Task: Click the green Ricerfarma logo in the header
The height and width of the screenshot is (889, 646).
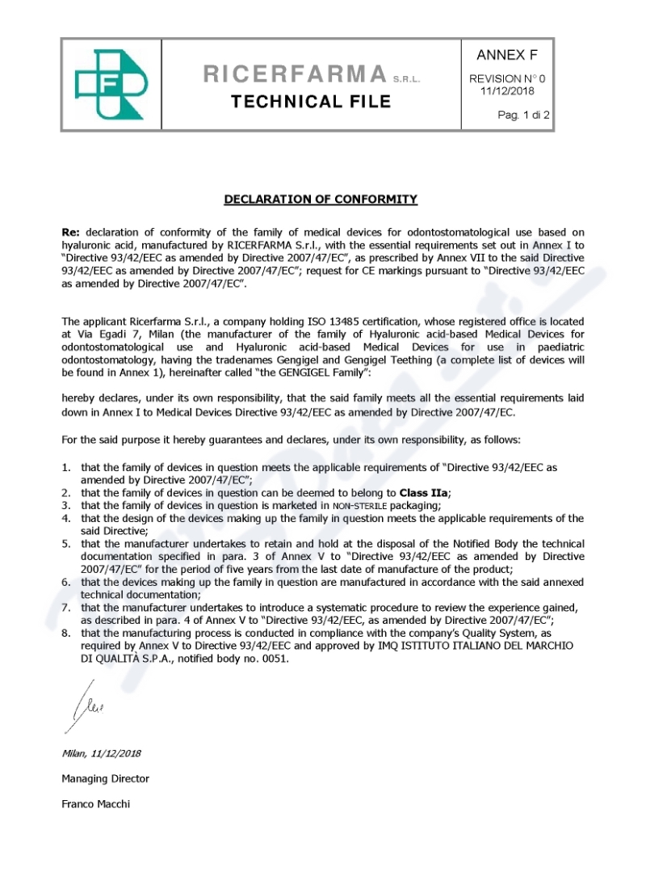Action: [111, 84]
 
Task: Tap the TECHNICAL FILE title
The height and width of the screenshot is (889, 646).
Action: [311, 102]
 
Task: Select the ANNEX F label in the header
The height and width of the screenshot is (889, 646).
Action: [507, 56]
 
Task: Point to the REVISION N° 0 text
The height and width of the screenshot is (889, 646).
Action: [507, 78]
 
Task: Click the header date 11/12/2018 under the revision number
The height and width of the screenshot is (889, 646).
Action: [507, 91]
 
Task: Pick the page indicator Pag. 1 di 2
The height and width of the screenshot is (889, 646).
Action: [523, 116]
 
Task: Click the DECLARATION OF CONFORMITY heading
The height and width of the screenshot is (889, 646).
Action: [321, 199]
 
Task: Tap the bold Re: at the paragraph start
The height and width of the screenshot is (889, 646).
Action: [72, 231]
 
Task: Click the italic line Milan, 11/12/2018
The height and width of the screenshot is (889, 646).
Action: [102, 753]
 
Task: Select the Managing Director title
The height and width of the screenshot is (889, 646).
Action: [106, 778]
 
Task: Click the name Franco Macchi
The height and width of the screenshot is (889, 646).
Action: [96, 804]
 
